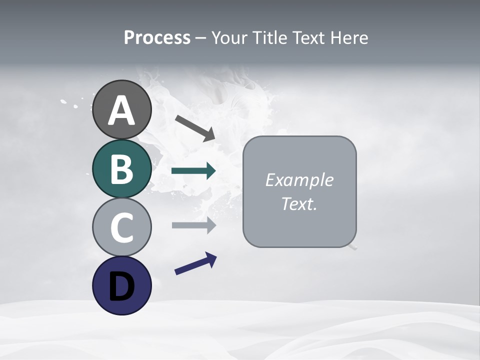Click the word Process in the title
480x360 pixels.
[157, 38]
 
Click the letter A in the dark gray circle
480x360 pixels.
[121, 110]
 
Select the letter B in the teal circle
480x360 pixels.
[121, 169]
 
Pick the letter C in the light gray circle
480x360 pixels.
[121, 227]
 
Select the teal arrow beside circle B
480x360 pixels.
[193, 171]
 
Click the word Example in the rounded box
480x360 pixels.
[299, 180]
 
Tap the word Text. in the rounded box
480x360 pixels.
[299, 203]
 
